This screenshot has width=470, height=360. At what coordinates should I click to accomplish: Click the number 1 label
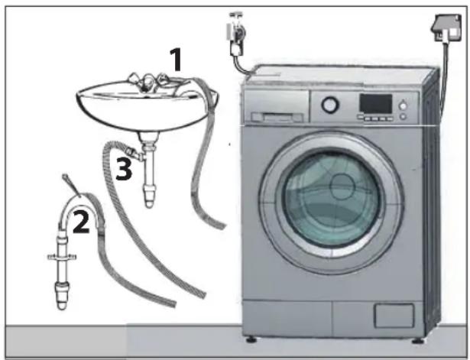(177, 60)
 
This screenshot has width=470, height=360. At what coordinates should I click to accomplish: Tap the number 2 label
(81, 221)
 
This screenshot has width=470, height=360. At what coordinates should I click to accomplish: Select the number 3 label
(124, 169)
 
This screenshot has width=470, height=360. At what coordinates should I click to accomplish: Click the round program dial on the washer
(330, 105)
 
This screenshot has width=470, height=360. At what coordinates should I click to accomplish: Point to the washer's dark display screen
(376, 104)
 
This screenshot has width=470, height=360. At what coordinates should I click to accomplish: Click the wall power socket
(447, 28)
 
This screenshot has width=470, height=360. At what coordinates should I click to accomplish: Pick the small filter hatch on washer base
(394, 316)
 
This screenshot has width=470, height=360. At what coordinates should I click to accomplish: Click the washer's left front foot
(251, 339)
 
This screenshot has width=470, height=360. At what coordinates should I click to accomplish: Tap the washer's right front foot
(417, 341)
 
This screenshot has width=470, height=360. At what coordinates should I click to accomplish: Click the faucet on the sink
(146, 81)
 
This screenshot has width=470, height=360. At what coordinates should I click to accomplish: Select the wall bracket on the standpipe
(62, 257)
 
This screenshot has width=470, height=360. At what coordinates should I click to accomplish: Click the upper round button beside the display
(404, 105)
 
